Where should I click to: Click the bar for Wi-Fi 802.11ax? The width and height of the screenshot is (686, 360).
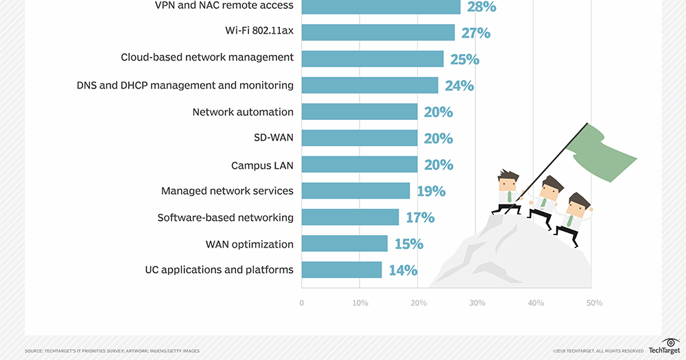point(378,32)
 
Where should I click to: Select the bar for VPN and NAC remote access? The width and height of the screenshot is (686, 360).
point(381,6)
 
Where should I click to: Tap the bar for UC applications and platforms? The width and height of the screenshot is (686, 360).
point(342,269)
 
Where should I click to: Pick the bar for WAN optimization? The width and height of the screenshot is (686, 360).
point(344,243)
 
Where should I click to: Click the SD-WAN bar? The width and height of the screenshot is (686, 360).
point(359,138)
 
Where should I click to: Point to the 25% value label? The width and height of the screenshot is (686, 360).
point(464,60)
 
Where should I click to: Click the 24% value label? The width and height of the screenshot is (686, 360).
point(459,86)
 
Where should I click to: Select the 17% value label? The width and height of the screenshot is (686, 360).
point(420,217)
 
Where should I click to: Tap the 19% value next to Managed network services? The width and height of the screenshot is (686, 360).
point(431,191)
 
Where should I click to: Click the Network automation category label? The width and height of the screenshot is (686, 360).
point(243,112)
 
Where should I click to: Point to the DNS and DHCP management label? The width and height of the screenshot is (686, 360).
point(185,86)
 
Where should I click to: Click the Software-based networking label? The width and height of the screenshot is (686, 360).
point(226,217)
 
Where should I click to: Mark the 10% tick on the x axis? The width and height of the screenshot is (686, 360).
point(360,302)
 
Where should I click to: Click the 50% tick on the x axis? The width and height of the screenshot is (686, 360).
point(594,302)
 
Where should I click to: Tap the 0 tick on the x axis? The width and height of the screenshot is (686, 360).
point(302,302)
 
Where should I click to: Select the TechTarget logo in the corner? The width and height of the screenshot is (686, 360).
point(663,346)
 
